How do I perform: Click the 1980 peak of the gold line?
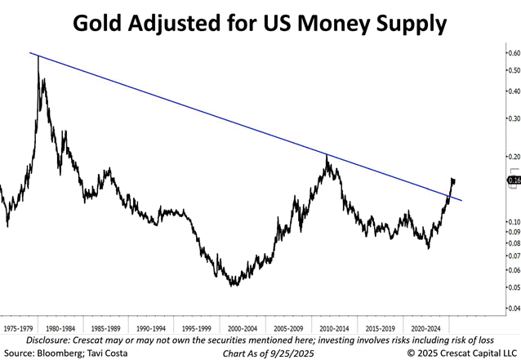pos(38,57)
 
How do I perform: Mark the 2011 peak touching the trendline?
pos(327,155)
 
